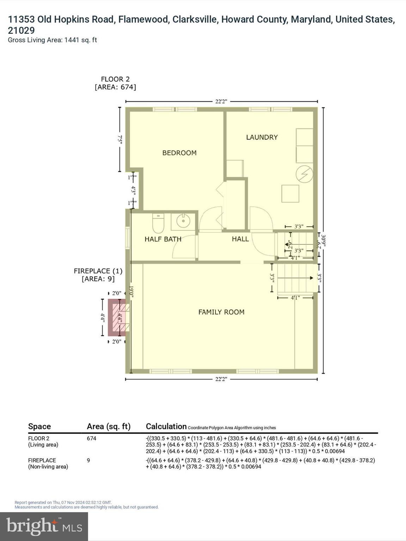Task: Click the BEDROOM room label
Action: click(x=179, y=153)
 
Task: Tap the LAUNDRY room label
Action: click(x=262, y=137)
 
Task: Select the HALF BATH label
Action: click(x=163, y=239)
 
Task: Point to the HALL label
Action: click(x=240, y=239)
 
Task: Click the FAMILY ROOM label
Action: click(x=221, y=312)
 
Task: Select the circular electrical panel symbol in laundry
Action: click(x=304, y=174)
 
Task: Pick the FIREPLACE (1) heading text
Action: click(x=98, y=271)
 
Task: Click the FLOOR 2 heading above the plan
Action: click(x=115, y=79)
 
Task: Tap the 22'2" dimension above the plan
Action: click(x=221, y=101)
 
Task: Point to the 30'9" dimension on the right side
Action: click(x=323, y=241)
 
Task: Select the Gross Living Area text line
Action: click(x=52, y=40)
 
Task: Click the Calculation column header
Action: click(x=166, y=426)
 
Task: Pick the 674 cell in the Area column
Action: click(x=92, y=439)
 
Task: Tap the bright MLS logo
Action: click(x=44, y=526)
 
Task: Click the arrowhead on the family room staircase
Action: click(x=311, y=278)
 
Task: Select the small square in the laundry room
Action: click(x=290, y=193)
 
